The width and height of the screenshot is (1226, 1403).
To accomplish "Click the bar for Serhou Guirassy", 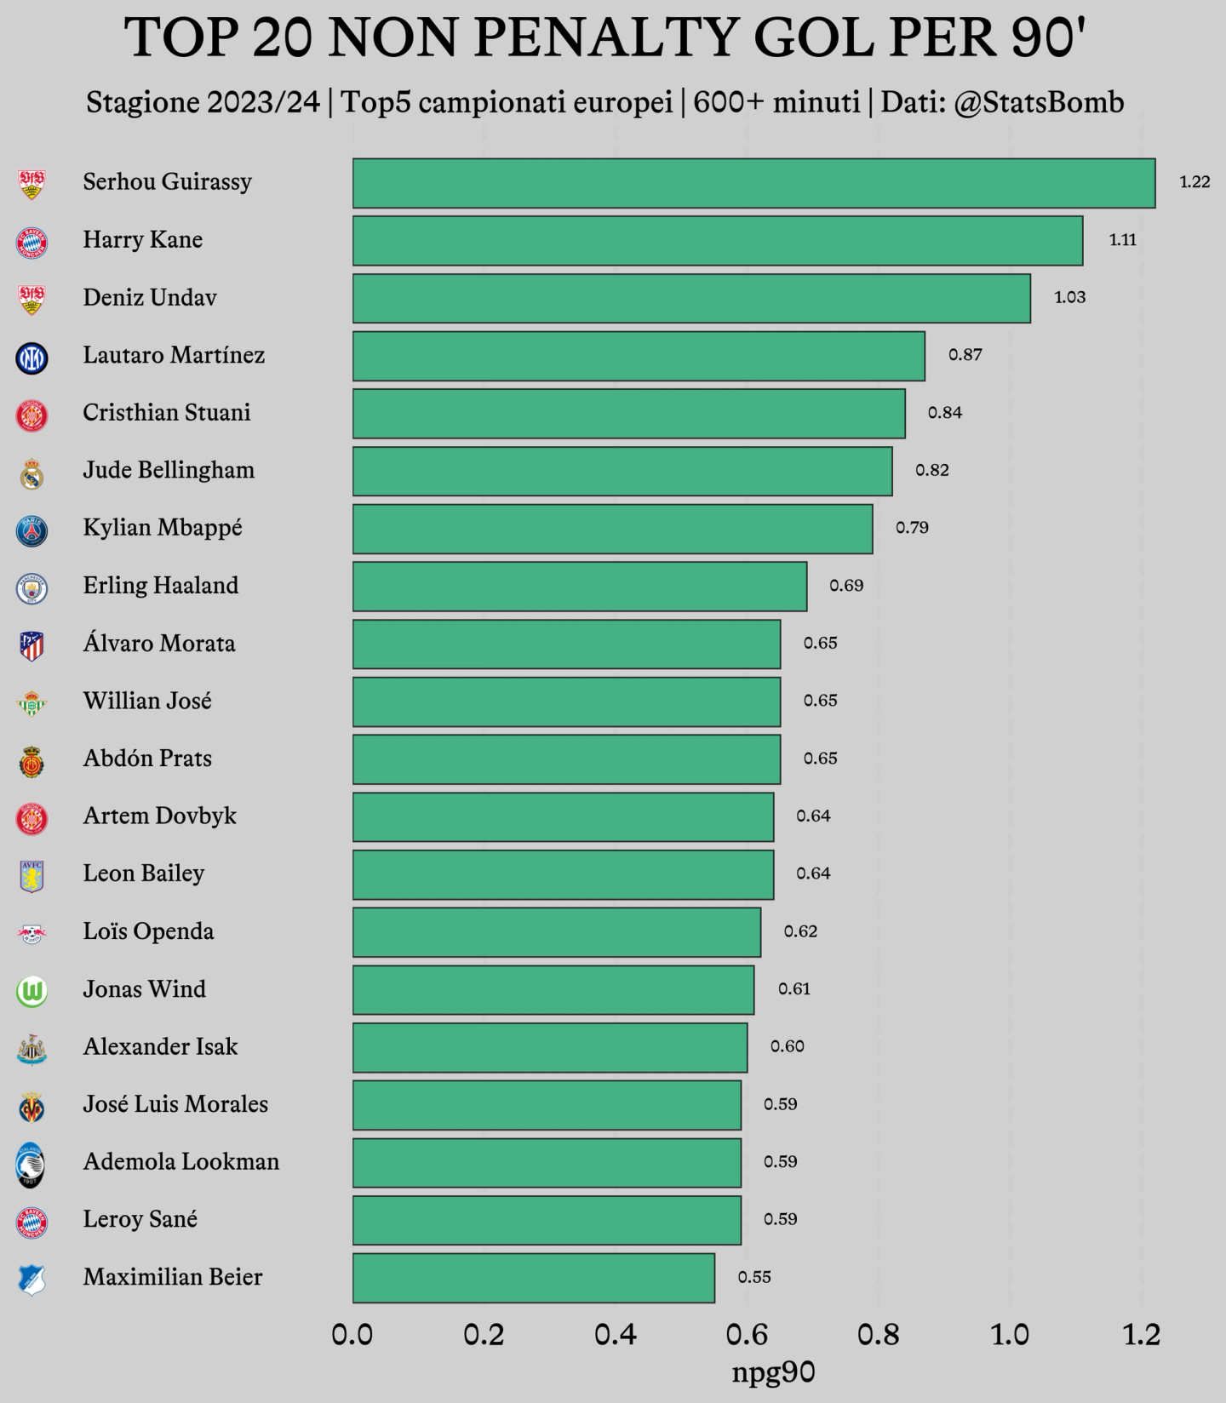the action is click(753, 183).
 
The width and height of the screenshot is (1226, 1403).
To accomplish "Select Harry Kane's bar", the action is click(718, 241).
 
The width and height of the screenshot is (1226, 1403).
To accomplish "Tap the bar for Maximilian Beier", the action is click(534, 1278).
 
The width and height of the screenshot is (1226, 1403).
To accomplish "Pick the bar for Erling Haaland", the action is click(580, 587).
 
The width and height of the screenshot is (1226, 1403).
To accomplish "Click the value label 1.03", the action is click(1070, 297).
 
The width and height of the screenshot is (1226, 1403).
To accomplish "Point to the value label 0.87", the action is click(965, 355).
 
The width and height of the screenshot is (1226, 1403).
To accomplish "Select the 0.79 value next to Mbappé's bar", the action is click(912, 528).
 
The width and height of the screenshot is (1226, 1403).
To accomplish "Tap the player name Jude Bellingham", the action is click(169, 471).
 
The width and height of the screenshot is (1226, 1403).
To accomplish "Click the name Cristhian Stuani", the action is click(167, 413).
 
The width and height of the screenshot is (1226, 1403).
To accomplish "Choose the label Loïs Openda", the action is click(148, 931).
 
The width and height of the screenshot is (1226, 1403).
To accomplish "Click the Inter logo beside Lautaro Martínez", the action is click(32, 358).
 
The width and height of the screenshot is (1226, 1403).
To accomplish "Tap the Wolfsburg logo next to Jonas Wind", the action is click(32, 992).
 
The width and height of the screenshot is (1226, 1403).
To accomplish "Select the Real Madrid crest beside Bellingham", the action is click(32, 473).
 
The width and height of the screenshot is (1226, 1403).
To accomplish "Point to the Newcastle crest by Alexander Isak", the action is click(32, 1050).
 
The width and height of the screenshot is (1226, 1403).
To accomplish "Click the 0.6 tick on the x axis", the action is click(748, 1334).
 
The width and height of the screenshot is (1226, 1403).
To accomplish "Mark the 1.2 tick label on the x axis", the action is click(1142, 1334).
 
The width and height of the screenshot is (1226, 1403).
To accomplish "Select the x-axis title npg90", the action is click(774, 1372).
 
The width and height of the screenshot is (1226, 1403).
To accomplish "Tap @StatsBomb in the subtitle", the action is click(1039, 103).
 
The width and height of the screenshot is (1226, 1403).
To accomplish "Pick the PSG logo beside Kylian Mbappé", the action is click(32, 531).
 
